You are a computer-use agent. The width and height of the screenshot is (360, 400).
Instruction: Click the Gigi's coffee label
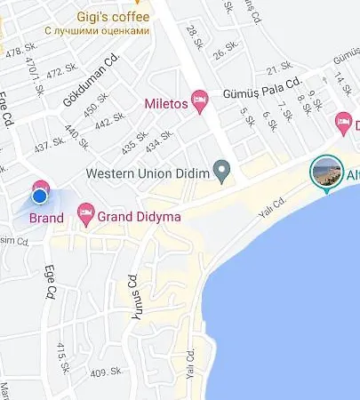pos(113,15)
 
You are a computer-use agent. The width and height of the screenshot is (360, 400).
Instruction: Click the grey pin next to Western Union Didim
pos(225,169)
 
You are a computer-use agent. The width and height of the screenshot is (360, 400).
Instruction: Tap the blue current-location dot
pos(39,196)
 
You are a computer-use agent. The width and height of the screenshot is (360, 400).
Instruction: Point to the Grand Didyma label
pos(132,214)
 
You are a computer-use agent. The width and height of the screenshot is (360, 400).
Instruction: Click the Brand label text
pos(46,218)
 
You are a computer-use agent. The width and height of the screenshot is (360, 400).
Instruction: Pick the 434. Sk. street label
pos(160,139)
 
